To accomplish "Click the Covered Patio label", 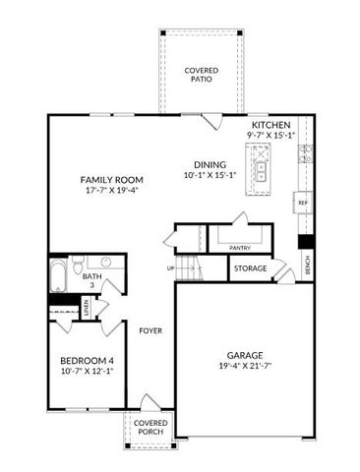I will (x=202, y=76).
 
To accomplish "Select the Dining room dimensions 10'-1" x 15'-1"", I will (x=210, y=176).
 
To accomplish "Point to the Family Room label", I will (x=112, y=180).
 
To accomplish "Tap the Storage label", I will (x=250, y=268).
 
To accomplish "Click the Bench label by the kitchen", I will (x=307, y=264).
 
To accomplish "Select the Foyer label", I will (x=150, y=330).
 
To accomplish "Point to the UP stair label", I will (x=169, y=267).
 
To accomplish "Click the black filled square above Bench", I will (x=306, y=241).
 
